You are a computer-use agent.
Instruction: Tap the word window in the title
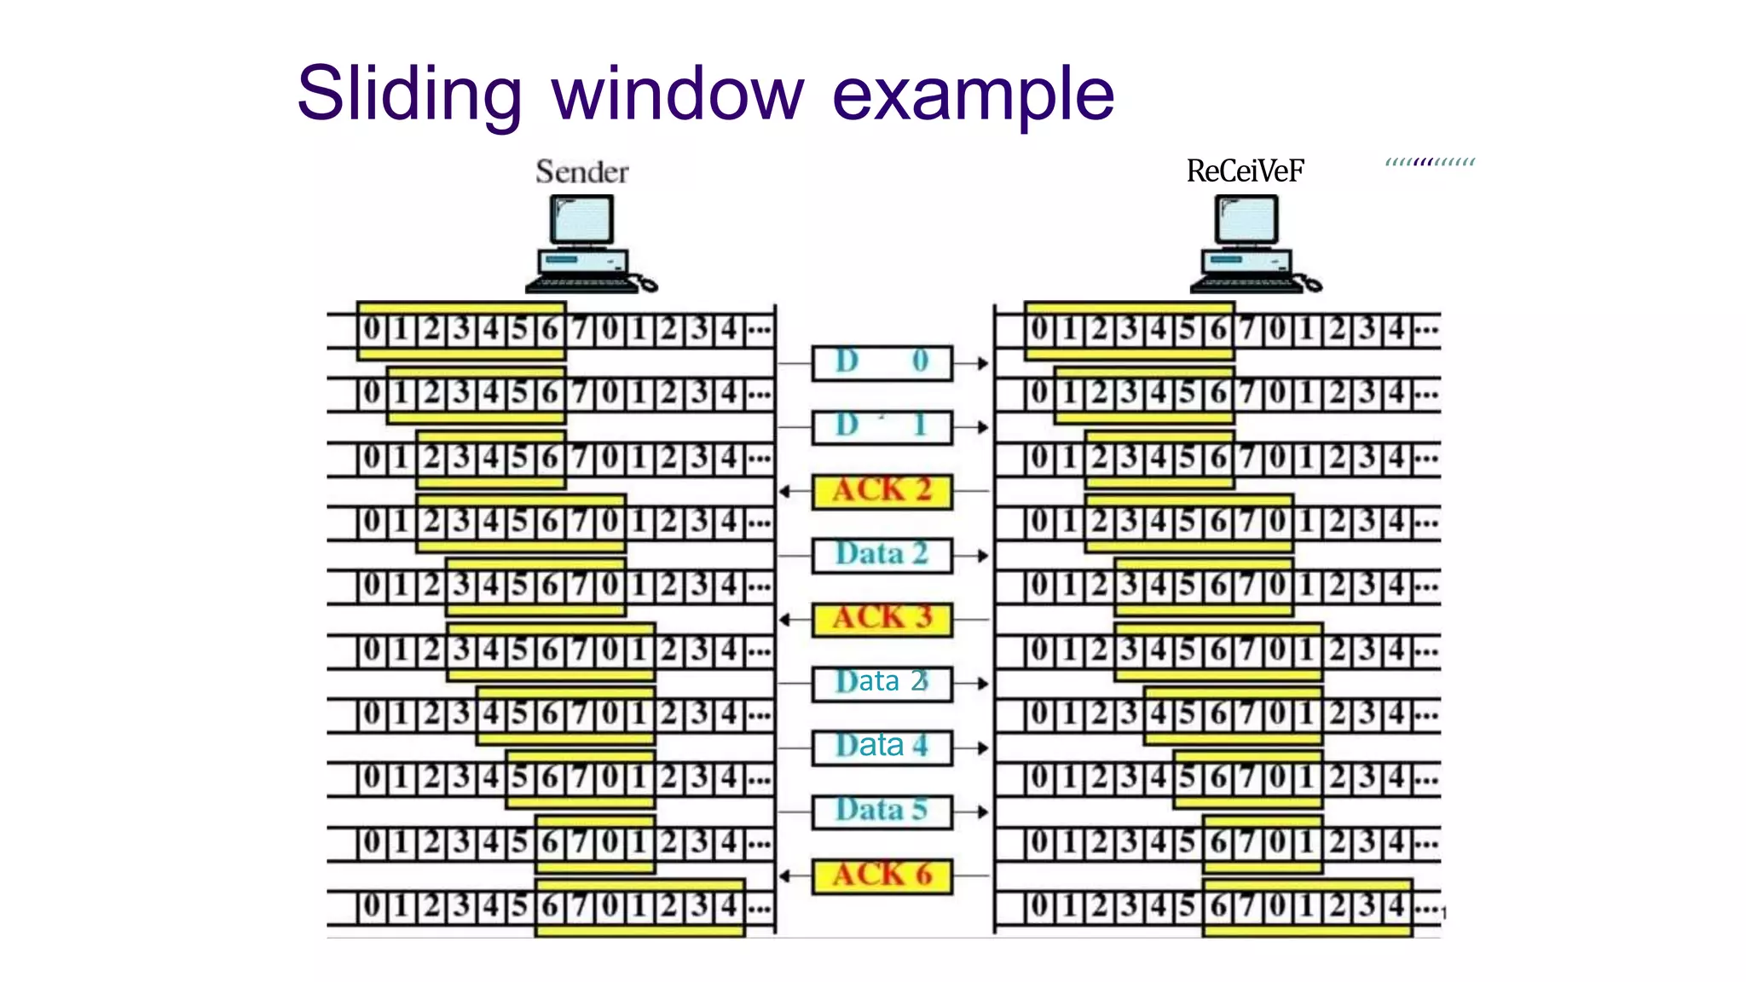point(678,94)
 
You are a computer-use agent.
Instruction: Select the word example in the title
point(973,95)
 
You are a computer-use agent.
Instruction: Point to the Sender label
point(581,172)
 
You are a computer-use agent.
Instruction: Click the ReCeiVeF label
point(1245,171)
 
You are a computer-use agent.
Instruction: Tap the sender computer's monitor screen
point(582,219)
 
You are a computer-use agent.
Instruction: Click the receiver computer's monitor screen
point(1246,219)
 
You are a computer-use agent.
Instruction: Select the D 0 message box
point(882,362)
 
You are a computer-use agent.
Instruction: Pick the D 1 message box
point(882,426)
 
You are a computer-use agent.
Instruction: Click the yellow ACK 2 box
point(882,491)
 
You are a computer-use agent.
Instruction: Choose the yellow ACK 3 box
point(882,619)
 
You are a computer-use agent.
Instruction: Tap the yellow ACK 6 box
point(882,875)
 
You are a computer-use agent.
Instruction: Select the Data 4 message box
point(882,748)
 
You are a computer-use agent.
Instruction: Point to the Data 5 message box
point(882,812)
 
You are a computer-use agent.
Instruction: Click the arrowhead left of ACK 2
point(785,492)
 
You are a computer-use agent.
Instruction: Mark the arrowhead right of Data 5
point(983,812)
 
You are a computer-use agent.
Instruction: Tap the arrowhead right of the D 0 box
point(983,363)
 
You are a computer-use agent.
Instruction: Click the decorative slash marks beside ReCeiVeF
point(1430,161)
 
